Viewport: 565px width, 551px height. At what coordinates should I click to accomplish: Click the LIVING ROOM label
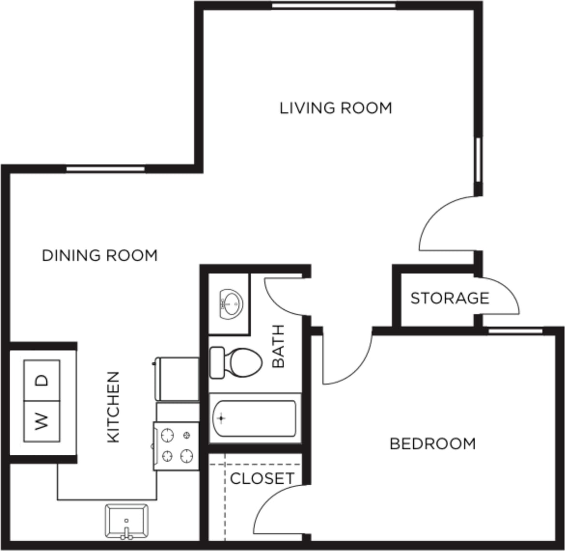336,107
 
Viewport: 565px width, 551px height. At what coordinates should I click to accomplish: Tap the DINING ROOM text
100,255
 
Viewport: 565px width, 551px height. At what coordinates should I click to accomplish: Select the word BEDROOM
433,444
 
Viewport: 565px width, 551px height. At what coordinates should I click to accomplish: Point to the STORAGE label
449,298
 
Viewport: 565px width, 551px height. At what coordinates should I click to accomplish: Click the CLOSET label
262,478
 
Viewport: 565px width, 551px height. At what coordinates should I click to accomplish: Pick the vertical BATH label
278,346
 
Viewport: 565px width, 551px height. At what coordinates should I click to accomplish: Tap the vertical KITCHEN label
113,406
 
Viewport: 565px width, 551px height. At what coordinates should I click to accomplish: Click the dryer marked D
42,380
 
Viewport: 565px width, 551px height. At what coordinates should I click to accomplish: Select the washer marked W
42,421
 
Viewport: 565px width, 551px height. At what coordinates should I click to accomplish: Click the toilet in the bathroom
236,362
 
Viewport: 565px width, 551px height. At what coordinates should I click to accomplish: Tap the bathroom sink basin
231,304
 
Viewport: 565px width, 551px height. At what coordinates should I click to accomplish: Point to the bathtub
254,418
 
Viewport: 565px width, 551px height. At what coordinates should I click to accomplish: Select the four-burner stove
176,446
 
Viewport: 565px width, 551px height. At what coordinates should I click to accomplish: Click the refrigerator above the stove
176,378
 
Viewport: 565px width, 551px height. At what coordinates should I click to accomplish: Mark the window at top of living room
333,6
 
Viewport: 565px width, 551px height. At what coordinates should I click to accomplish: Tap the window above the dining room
105,169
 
